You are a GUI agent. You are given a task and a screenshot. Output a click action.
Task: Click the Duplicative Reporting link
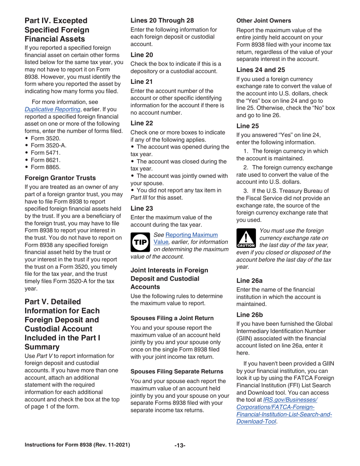click(x=53, y=109)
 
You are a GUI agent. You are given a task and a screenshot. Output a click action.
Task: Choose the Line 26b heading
click(x=250, y=314)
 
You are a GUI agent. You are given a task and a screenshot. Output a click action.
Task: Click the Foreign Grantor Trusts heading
click(x=60, y=177)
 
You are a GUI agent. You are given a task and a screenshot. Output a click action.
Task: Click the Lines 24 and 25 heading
click(x=261, y=69)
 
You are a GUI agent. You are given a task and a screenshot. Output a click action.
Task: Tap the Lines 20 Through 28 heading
click(x=163, y=20)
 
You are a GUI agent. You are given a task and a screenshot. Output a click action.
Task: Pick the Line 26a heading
click(x=250, y=281)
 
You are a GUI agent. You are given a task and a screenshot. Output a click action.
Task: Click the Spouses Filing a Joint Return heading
click(x=172, y=318)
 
